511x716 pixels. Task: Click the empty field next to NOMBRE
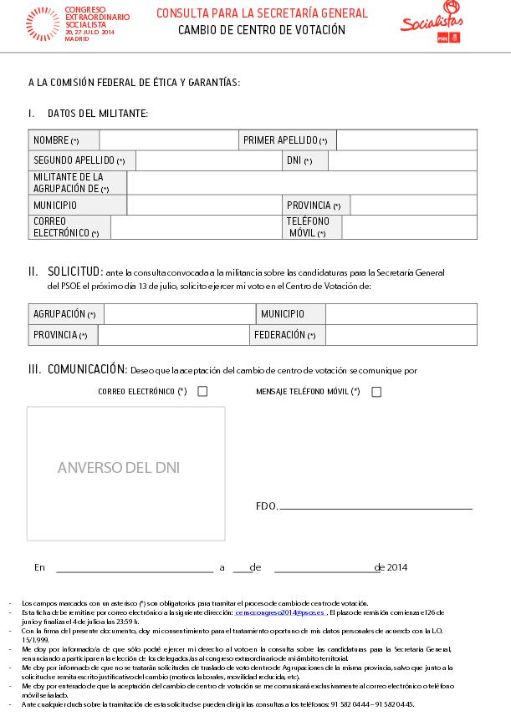pyautogui.click(x=168, y=140)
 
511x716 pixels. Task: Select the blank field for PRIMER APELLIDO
pyautogui.click(x=406, y=140)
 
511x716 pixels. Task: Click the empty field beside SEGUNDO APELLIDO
pyautogui.click(x=206, y=161)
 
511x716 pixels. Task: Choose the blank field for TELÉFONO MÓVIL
pyautogui.click(x=409, y=227)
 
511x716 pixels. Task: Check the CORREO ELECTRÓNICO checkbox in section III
pyautogui.click(x=202, y=391)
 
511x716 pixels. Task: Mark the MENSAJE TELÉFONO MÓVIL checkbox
pyautogui.click(x=376, y=391)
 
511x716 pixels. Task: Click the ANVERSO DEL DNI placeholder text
pyautogui.click(x=119, y=468)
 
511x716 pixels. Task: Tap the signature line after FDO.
pyautogui.click(x=376, y=507)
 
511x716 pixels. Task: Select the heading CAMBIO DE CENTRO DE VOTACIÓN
pyautogui.click(x=262, y=31)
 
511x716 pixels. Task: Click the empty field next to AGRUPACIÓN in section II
pyautogui.click(x=179, y=314)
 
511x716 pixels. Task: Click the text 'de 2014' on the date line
pyautogui.click(x=391, y=567)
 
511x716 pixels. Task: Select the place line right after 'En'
pyautogui.click(x=134, y=570)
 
